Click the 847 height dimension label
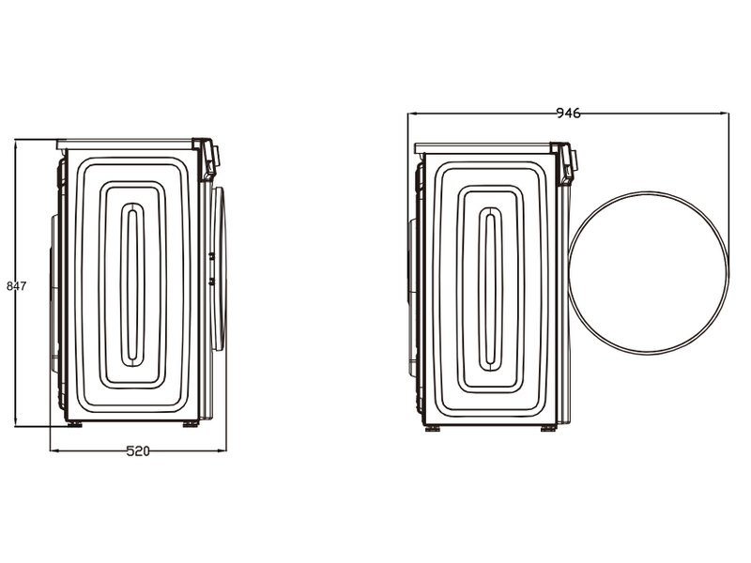pos(16,286)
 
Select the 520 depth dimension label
pos(138,451)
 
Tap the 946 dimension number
pos(568,114)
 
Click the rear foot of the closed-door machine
pos(74,424)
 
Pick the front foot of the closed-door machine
pos(191,424)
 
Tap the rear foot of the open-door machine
pos(433,429)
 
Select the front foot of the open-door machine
pos(549,429)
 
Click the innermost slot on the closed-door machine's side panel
pos(132,285)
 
